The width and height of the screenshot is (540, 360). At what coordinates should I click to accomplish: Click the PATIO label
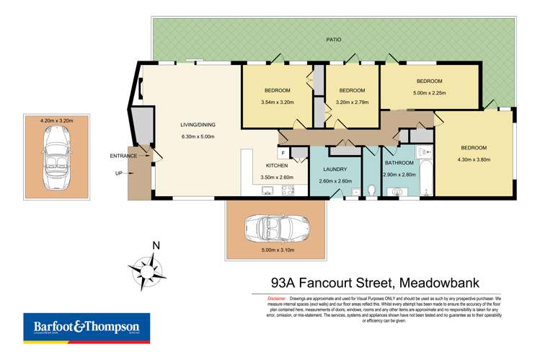click(x=332, y=40)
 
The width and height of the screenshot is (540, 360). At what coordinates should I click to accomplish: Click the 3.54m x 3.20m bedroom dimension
click(x=277, y=102)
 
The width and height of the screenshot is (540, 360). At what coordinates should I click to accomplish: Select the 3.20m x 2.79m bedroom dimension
click(x=352, y=102)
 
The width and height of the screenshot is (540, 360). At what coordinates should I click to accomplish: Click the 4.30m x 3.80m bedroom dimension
click(x=474, y=160)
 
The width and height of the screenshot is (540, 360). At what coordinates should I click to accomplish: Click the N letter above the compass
click(x=155, y=245)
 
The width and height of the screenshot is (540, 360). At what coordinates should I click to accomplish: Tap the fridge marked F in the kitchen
click(x=283, y=153)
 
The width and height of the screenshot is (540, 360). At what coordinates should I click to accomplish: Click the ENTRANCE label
click(x=123, y=156)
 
